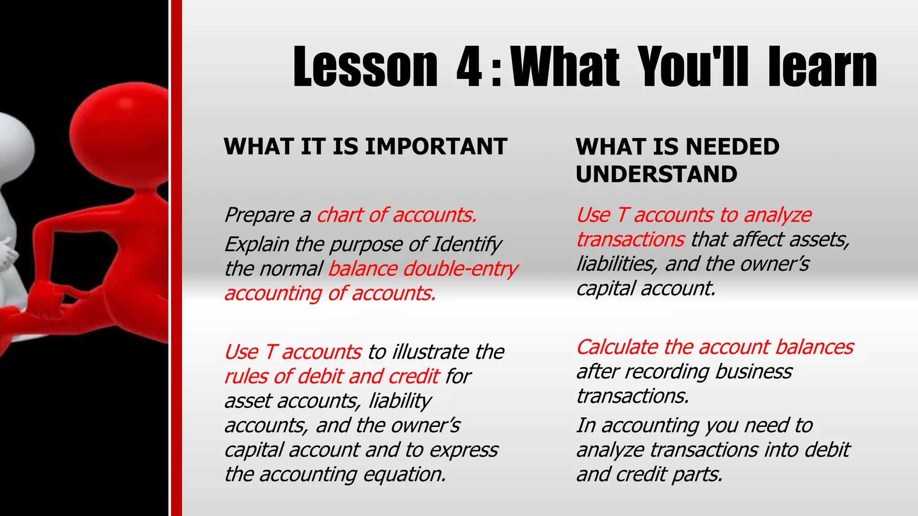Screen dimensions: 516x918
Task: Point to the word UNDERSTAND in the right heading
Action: point(656,174)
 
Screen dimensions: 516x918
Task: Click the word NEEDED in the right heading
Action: point(732,146)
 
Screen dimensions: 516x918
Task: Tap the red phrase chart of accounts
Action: point(397,215)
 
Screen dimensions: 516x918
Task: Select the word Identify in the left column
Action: point(467,245)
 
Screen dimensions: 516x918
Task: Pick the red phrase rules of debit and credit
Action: point(332,376)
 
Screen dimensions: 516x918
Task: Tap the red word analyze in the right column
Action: point(777,215)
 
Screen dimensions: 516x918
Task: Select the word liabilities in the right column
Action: point(617,264)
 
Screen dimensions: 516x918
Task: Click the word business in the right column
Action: point(753,372)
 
